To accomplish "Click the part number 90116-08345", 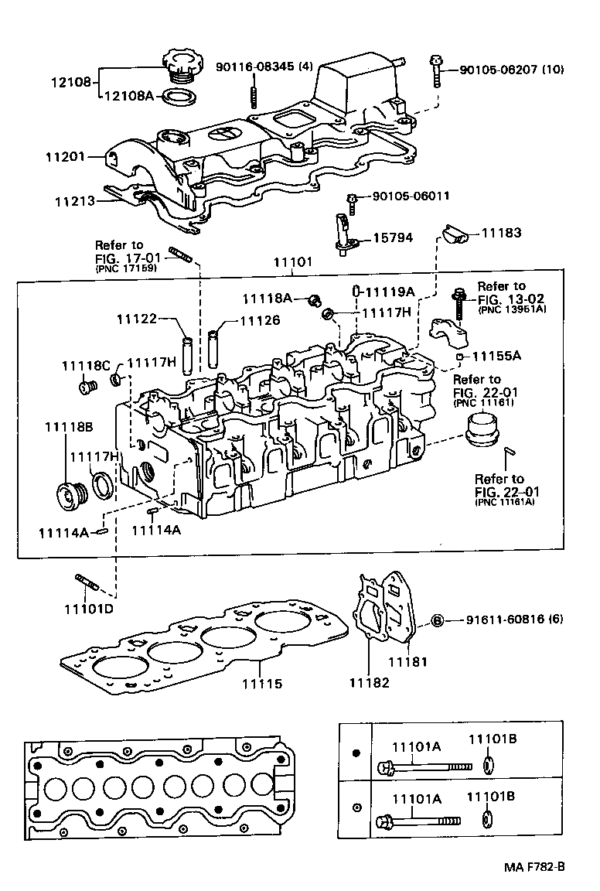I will pyautogui.click(x=264, y=67).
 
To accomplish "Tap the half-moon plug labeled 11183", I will pyautogui.click(x=454, y=234).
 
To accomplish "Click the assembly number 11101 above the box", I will pyautogui.click(x=291, y=262).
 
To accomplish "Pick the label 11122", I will pyautogui.click(x=137, y=319).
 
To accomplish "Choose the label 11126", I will pyautogui.click(x=259, y=319).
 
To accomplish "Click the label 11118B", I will pyautogui.click(x=68, y=427).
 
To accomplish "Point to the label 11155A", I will pyautogui.click(x=496, y=356).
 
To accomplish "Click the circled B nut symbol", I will pyautogui.click(x=436, y=620).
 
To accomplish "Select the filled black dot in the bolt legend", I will pyautogui.click(x=356, y=753).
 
